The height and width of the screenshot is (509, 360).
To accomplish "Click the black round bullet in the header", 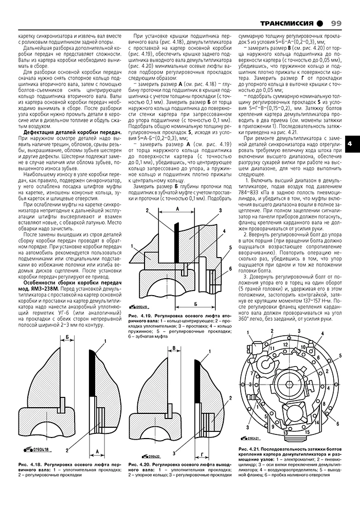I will [320, 24].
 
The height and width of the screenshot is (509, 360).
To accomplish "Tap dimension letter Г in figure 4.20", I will [204, 441].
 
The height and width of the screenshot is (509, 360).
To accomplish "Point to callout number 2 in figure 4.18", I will [67, 449].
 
